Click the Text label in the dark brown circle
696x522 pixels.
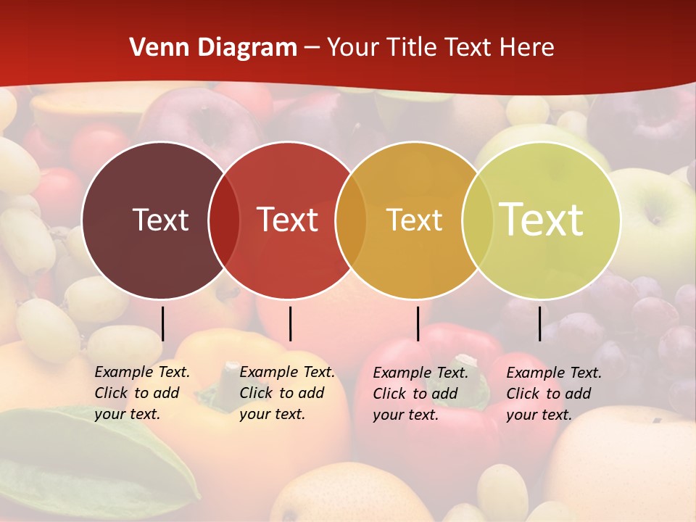tap(160, 220)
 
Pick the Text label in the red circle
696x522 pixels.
tap(288, 220)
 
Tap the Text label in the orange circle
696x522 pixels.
tap(414, 220)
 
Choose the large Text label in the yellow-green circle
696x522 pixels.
tap(542, 220)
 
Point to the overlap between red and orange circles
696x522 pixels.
tap(351, 220)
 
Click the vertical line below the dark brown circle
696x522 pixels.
tap(162, 323)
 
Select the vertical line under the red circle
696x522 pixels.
tap(290, 323)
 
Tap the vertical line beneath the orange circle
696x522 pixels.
tap(418, 323)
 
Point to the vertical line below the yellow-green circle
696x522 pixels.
tap(539, 323)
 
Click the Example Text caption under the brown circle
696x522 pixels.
tap(141, 393)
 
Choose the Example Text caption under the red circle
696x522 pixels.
tap(286, 393)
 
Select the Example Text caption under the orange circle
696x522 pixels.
tap(420, 394)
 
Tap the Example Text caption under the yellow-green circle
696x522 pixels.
tap(553, 394)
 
